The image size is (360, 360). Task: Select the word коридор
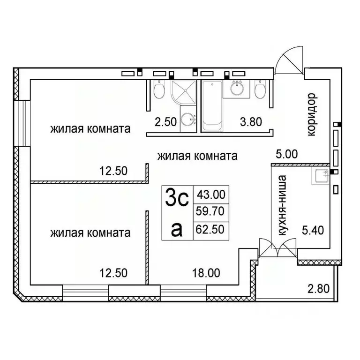(x=312, y=114)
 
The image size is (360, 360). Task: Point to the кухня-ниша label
(x=282, y=206)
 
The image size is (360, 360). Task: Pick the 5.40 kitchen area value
(x=314, y=230)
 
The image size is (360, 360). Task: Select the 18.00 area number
(x=206, y=271)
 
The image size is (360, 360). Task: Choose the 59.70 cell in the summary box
(x=211, y=212)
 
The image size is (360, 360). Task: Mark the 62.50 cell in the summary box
(x=211, y=230)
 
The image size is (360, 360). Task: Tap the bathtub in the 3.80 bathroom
(x=212, y=105)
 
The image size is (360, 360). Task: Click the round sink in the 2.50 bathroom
(x=189, y=120)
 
